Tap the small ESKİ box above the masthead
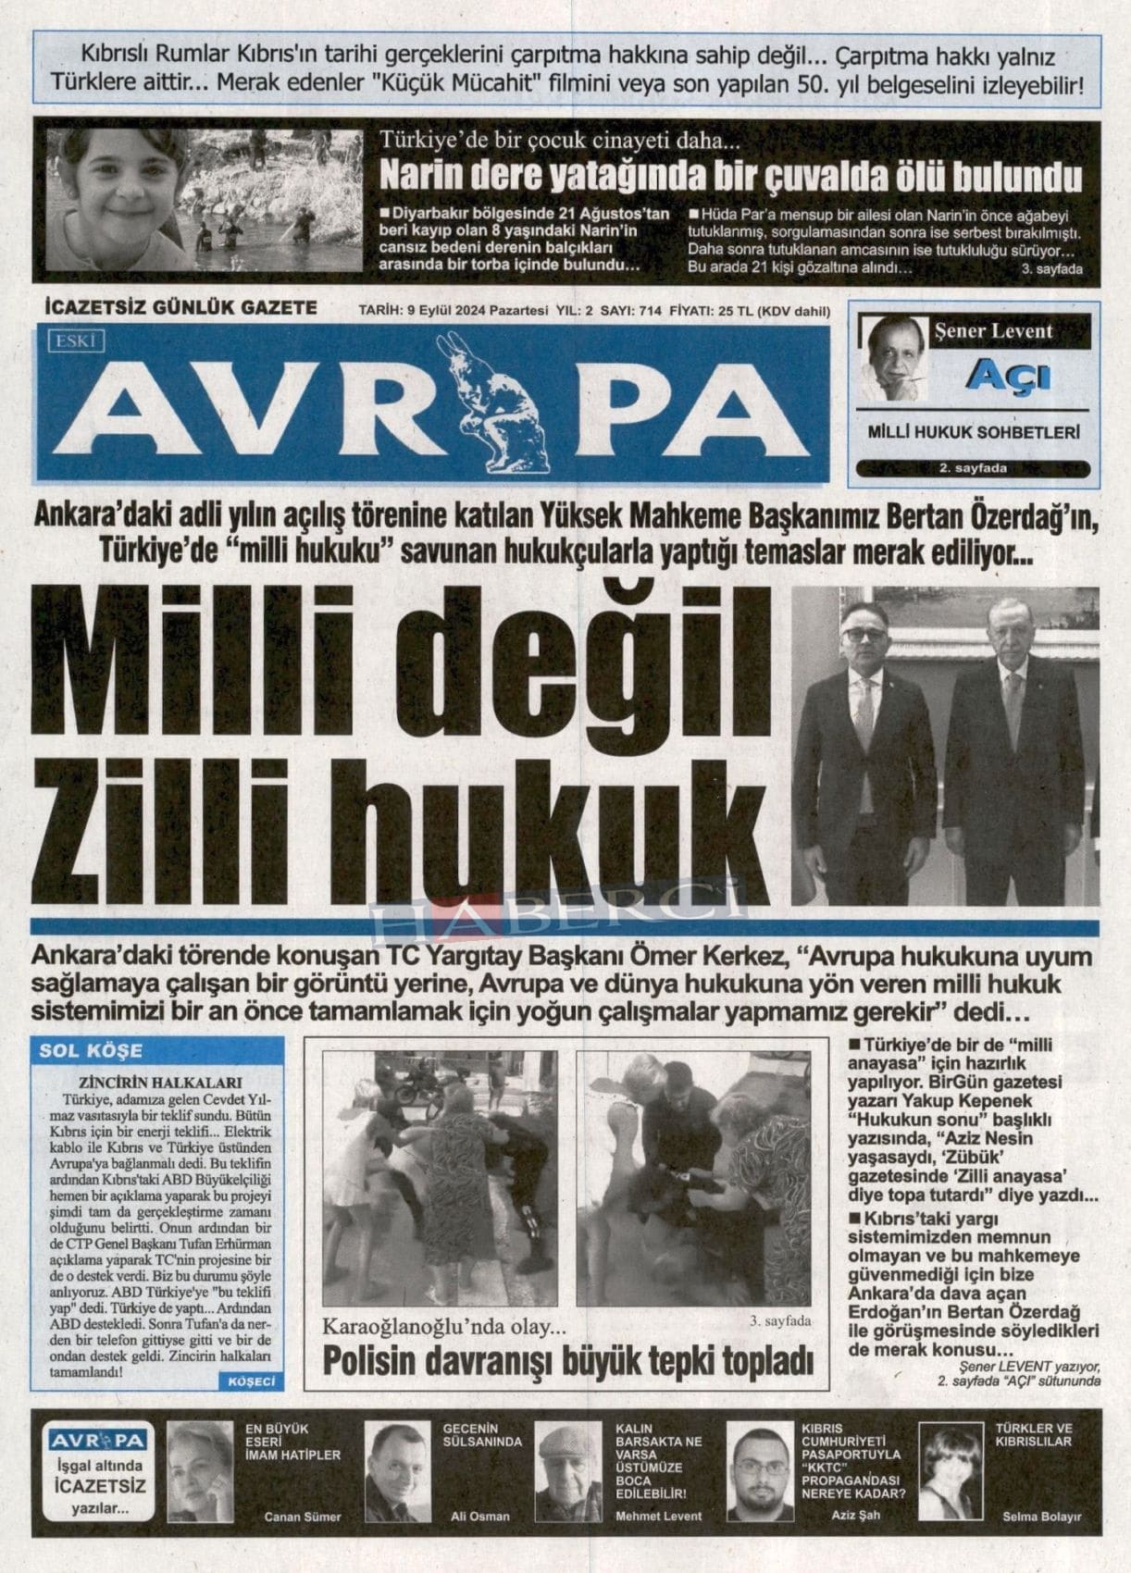[79, 341]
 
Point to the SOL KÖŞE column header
[91, 1050]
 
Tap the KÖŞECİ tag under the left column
[251, 1381]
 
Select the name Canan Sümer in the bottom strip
[303, 1517]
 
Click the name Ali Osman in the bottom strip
[479, 1517]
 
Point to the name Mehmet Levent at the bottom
[658, 1517]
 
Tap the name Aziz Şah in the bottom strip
[841, 1515]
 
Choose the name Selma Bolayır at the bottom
[1041, 1517]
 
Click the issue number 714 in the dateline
[650, 311]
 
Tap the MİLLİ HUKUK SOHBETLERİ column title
[975, 432]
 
